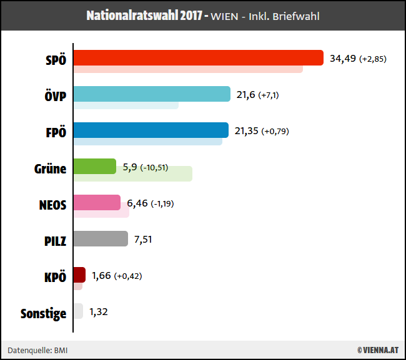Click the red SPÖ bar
(x=198, y=57)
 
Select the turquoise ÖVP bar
(x=152, y=94)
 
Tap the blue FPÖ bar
(x=151, y=130)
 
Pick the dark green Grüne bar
(x=94, y=166)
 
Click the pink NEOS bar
(x=97, y=202)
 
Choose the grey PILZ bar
(x=101, y=238)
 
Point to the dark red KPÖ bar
(x=79, y=275)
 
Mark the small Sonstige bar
(x=78, y=311)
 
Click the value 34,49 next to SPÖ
(x=342, y=59)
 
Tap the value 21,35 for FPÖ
(x=246, y=131)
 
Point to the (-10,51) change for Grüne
(x=154, y=167)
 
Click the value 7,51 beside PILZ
(x=143, y=240)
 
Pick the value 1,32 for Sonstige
(x=99, y=312)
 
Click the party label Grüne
(x=50, y=168)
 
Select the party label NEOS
(x=52, y=204)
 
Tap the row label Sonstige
(x=43, y=313)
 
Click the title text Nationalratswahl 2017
(x=147, y=16)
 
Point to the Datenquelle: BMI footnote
(x=37, y=351)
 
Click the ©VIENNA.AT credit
(x=378, y=351)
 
